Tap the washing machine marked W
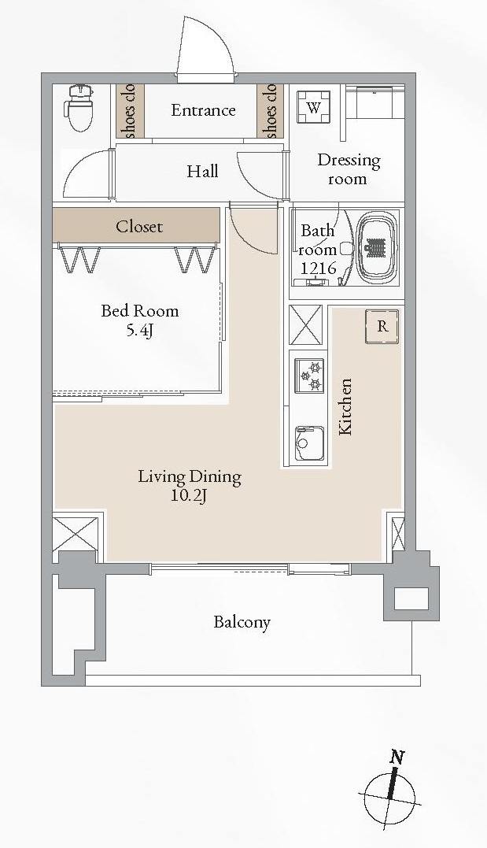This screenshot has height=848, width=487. pos(314,107)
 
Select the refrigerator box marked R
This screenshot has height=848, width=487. pos(382,326)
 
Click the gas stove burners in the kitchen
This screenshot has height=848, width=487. pos(310,376)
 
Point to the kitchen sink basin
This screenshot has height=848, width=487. pos(309,443)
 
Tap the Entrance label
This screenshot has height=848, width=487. pos(203,110)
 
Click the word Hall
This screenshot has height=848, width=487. pos(203,172)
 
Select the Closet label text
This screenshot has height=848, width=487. pos(139,226)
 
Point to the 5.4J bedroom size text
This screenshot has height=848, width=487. pos(139,330)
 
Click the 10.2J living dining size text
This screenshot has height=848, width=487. pos(189,495)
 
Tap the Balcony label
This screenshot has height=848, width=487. pos(242,622)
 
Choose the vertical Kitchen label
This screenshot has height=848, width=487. pos(345,407)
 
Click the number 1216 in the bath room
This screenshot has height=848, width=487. pos(319,268)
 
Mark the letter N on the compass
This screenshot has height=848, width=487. pos(397,757)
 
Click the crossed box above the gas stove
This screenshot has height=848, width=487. pos(307,325)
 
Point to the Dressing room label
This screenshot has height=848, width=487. pos(349,169)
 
